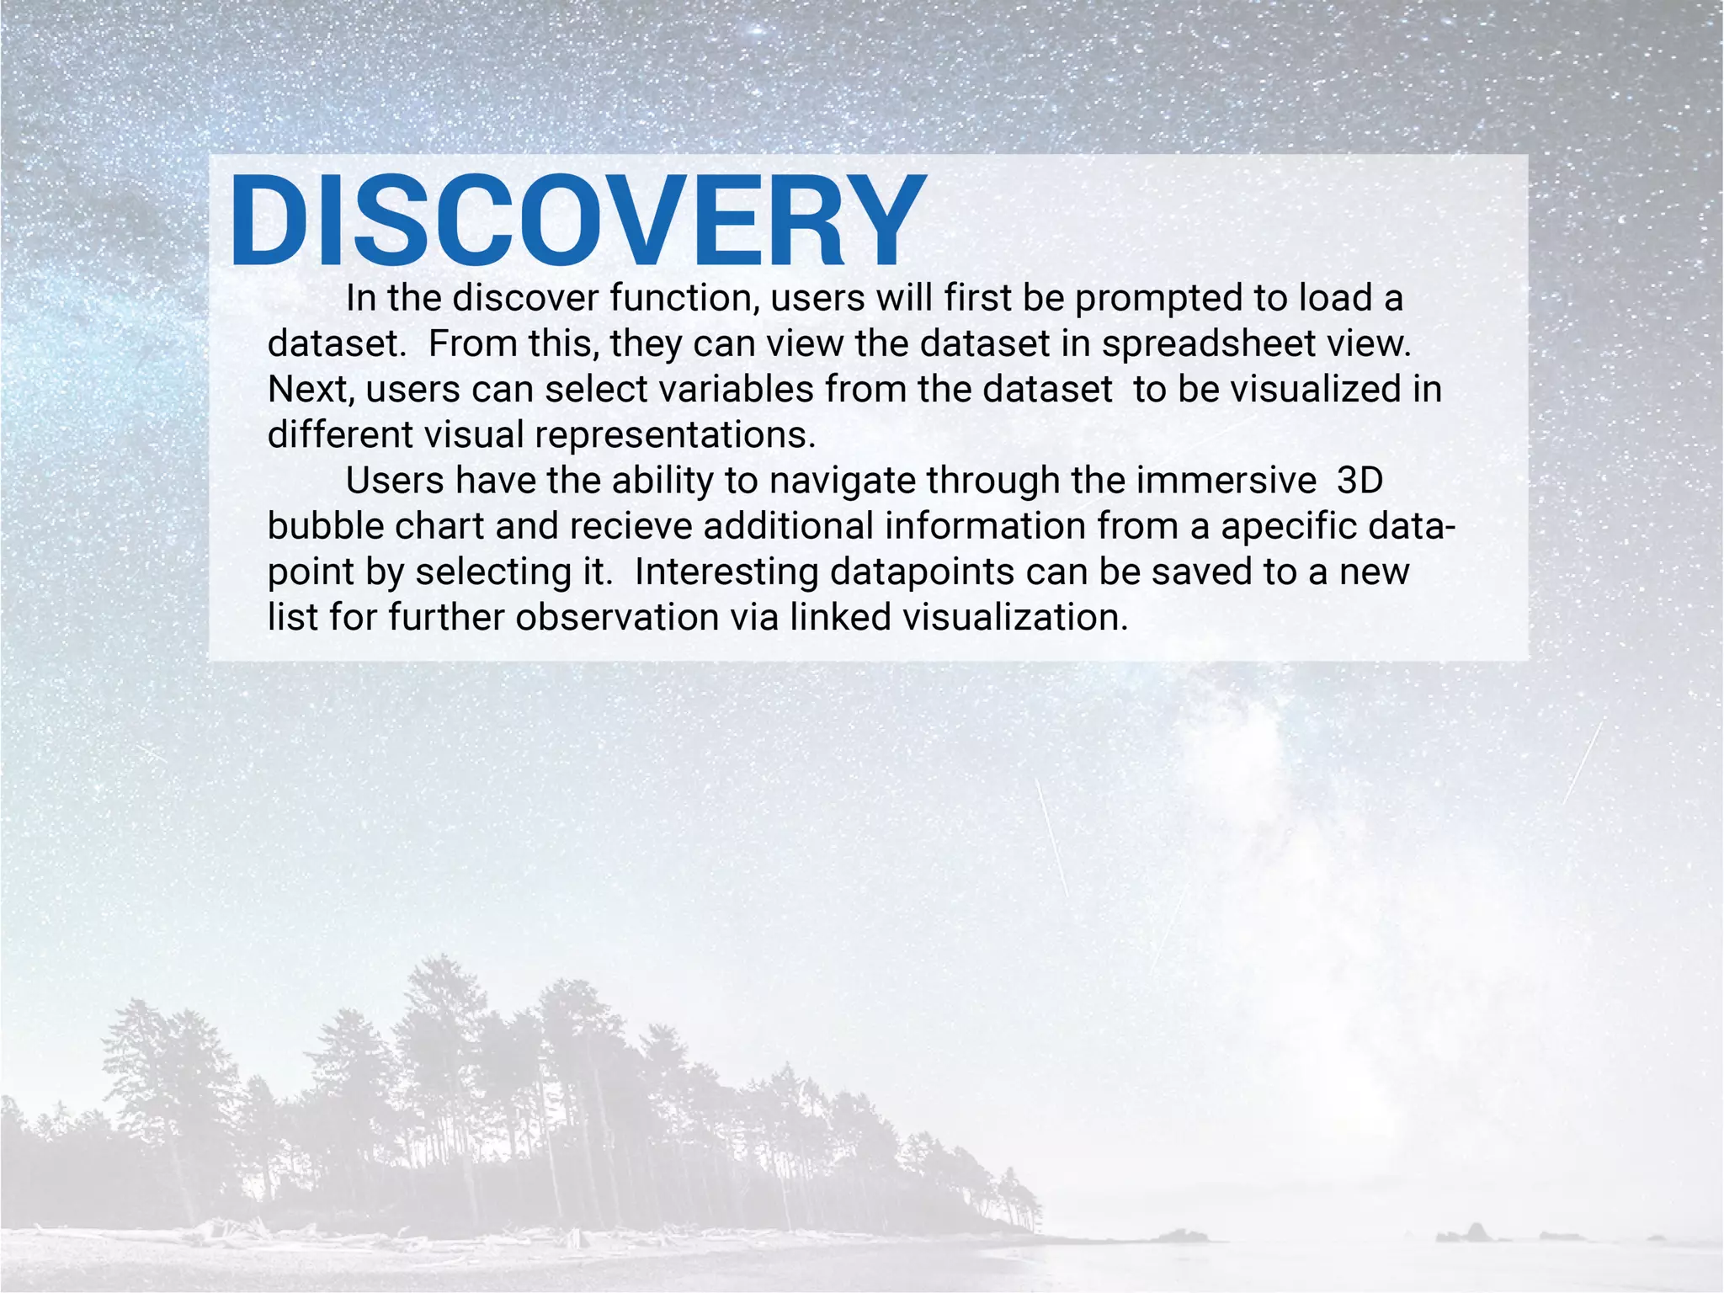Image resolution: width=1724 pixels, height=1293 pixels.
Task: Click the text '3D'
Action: tap(1360, 481)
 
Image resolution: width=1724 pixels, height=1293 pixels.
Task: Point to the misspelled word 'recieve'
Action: tap(631, 526)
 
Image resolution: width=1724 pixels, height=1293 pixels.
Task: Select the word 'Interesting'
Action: tap(726, 572)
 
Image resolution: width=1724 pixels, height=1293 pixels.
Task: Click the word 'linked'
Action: tap(840, 617)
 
